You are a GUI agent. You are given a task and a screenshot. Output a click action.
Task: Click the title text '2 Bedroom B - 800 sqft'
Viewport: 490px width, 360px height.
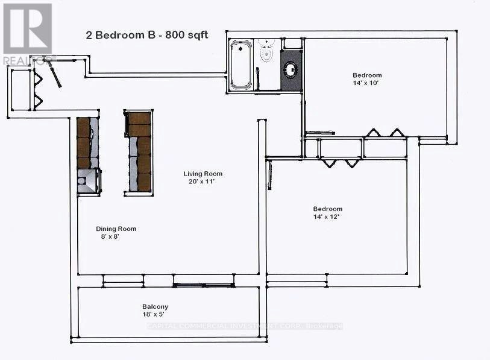147,35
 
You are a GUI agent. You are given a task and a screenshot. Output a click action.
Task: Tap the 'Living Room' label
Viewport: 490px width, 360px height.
203,174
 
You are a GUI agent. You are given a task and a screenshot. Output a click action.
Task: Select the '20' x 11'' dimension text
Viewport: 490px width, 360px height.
203,182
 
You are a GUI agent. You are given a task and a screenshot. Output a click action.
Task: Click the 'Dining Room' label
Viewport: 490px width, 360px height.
116,229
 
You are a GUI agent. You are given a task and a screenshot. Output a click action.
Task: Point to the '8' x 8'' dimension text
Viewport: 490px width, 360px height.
110,236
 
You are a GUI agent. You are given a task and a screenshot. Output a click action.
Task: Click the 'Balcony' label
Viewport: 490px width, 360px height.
155,306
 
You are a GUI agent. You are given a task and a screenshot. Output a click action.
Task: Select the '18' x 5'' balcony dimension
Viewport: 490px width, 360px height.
154,314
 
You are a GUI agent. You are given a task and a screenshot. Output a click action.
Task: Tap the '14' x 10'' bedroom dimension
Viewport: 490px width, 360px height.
366,83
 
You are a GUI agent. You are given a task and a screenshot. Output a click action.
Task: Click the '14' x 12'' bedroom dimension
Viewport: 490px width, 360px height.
326,216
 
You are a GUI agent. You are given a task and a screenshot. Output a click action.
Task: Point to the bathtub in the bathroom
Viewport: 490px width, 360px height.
241,65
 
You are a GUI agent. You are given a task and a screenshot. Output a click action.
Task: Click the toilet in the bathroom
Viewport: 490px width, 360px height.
266,52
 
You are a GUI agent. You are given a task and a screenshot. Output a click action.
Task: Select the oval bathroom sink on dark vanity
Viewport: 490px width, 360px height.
291,69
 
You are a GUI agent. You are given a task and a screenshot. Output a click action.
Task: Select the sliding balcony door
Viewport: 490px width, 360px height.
204,285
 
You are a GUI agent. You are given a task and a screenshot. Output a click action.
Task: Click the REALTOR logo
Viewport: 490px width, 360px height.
28,34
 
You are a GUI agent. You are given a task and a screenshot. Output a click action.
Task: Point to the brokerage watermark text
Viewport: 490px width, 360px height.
245,326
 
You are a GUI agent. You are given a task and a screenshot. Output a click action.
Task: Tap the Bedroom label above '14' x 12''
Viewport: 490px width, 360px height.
328,209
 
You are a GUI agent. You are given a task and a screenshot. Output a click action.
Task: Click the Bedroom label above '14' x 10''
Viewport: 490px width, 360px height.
367,75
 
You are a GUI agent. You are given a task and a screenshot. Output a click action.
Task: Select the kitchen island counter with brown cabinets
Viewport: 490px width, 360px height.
139,153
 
